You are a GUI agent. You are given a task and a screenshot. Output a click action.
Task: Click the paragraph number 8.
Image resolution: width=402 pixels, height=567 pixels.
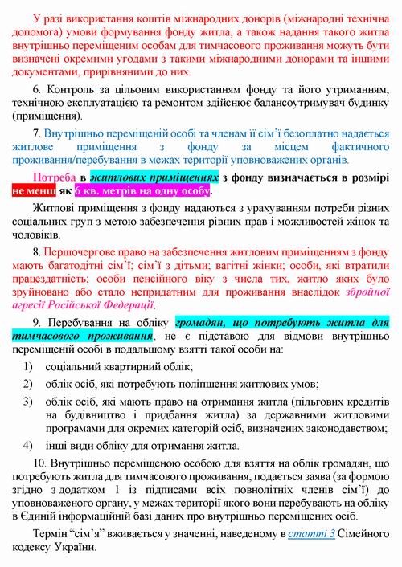click(x=35, y=253)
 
